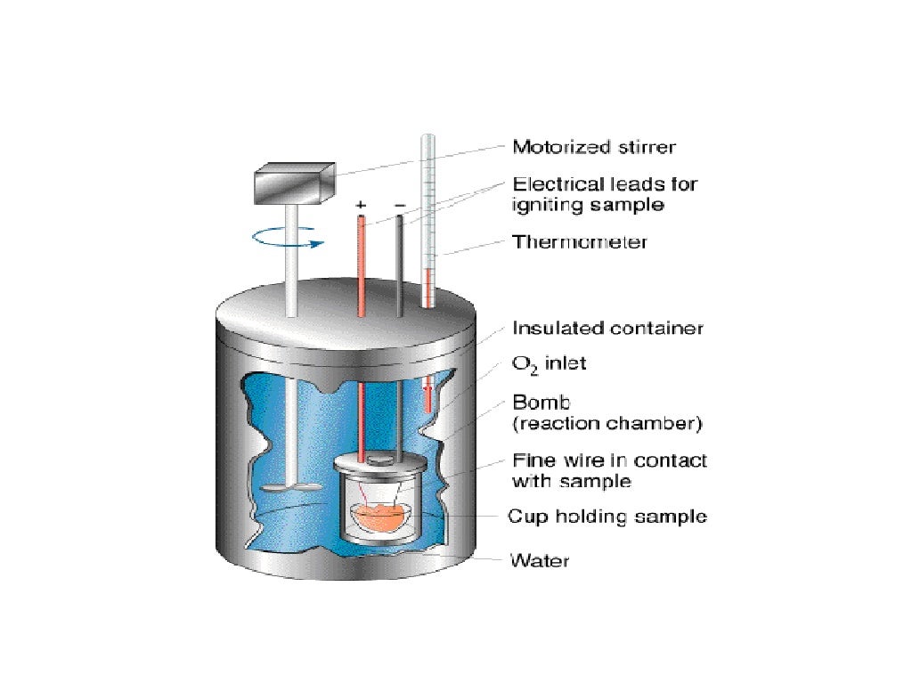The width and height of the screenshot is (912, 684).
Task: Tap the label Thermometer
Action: [x=580, y=241]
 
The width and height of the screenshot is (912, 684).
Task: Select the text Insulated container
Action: [x=607, y=328]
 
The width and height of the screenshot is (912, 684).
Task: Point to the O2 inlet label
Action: [x=549, y=363]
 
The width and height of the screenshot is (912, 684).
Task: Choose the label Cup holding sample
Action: [x=607, y=516]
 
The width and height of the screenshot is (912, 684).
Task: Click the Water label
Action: [x=539, y=560]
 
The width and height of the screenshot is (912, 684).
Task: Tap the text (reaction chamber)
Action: [x=607, y=422]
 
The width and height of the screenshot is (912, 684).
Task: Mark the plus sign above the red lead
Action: [x=361, y=205]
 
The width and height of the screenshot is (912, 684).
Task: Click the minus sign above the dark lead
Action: [x=399, y=205]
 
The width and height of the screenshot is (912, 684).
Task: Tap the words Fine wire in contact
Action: [x=609, y=460]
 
